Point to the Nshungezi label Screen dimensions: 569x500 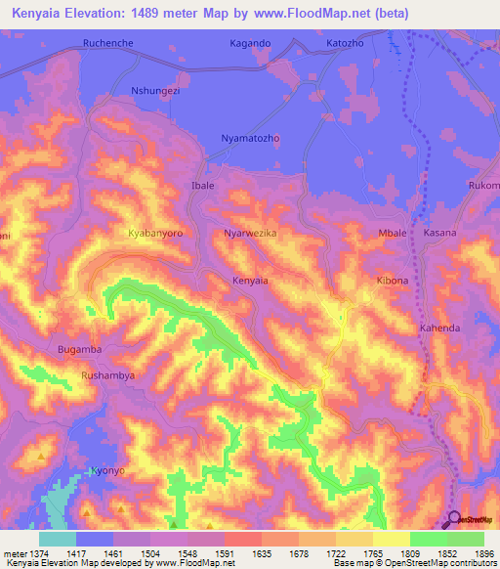point(155,91)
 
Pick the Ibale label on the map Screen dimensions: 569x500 point(202,185)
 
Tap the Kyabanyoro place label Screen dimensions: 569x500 point(156,234)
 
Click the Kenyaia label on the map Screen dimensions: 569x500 point(250,281)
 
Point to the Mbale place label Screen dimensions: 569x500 point(392,234)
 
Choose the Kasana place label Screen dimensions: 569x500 point(440,234)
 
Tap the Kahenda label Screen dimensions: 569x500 point(439,328)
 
